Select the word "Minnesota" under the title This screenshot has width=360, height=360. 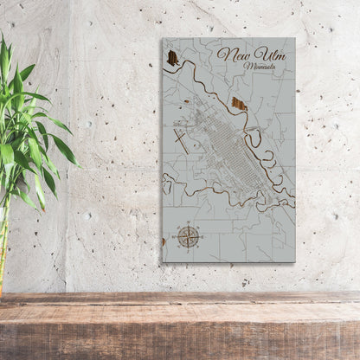[x=262, y=67]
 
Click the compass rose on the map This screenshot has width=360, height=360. [x=189, y=235]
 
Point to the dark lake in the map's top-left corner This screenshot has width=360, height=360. [x=173, y=58]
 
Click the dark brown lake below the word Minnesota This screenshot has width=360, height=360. [x=240, y=105]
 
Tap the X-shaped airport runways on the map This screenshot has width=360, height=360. [x=182, y=138]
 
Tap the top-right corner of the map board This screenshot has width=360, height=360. [x=293, y=38]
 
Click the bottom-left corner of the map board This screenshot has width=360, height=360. [x=163, y=260]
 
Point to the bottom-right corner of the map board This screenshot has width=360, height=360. [x=294, y=261]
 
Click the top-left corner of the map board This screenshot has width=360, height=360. [x=163, y=38]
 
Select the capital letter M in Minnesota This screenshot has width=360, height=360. [x=249, y=66]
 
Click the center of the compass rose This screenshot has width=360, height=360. [x=189, y=235]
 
